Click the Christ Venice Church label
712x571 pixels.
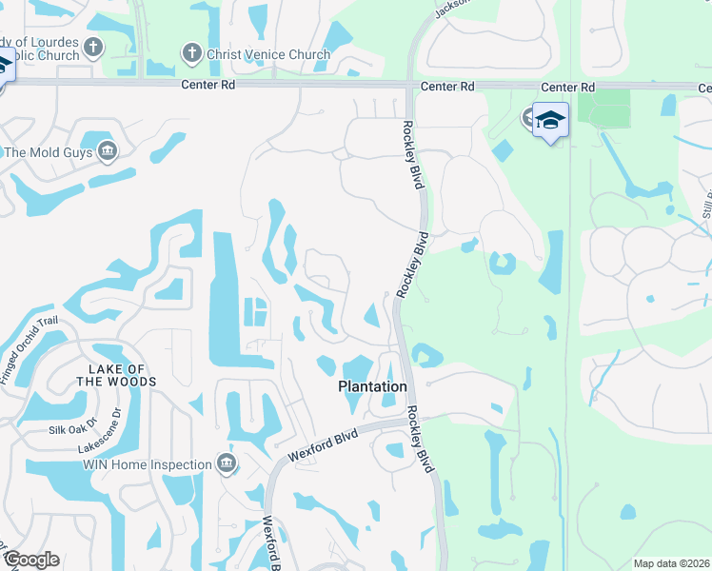point(269,54)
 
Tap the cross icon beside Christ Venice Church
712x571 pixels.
point(191,53)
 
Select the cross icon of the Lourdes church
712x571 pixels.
point(92,46)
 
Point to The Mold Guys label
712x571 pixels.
point(46,151)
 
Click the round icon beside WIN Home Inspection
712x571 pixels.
point(227,464)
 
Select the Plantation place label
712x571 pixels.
point(373,386)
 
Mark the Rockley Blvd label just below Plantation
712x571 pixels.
point(420,440)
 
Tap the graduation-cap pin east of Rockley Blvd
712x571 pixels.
point(550,121)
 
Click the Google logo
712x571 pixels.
point(31,560)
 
